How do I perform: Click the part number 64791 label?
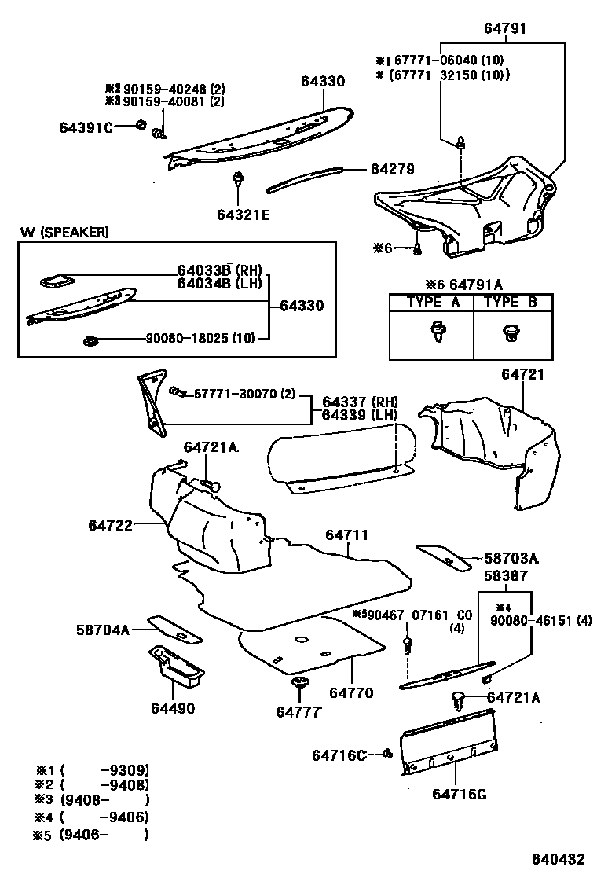(504, 29)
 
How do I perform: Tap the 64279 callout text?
(393, 169)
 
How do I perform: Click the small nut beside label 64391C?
(141, 125)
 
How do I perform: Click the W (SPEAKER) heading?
(64, 232)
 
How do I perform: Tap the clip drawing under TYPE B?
(512, 334)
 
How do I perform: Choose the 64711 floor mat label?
(346, 535)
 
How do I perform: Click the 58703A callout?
(511, 559)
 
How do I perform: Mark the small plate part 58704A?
(174, 627)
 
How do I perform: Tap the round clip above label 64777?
(299, 683)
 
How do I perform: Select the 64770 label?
(351, 693)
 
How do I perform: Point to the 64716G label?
(459, 793)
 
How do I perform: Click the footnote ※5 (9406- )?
(90, 835)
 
